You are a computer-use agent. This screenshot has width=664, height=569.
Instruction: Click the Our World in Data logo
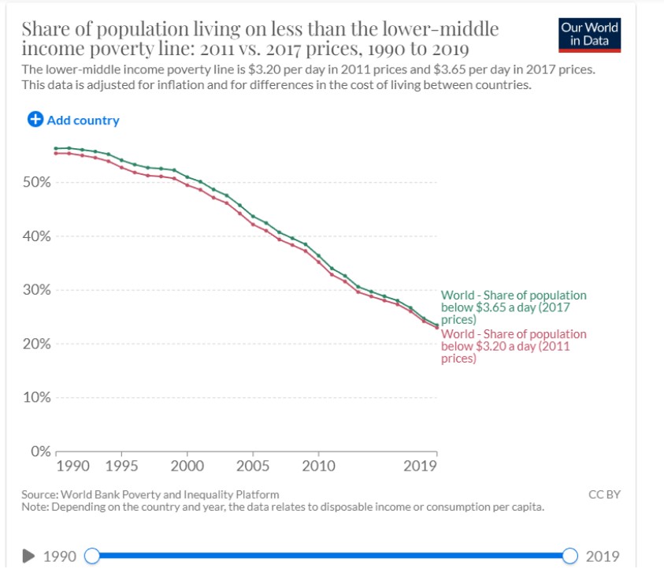(589, 33)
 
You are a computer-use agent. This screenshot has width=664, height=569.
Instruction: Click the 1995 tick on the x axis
(122, 466)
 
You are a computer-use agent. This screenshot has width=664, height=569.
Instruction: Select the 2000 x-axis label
(187, 466)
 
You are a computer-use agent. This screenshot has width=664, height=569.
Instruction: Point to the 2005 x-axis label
(253, 466)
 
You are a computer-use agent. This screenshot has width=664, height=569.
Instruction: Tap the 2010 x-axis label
(318, 466)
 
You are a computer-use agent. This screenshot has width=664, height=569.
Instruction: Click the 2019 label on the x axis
(420, 466)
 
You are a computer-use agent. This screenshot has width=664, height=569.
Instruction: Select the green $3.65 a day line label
(513, 307)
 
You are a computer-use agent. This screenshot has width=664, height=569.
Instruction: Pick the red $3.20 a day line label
(513, 346)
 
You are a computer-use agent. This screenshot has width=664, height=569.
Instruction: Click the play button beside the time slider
(29, 556)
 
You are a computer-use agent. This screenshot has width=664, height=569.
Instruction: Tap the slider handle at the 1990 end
(92, 556)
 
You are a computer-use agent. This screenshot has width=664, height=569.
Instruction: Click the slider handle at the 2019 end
(570, 556)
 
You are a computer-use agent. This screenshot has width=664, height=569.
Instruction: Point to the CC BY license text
(604, 494)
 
